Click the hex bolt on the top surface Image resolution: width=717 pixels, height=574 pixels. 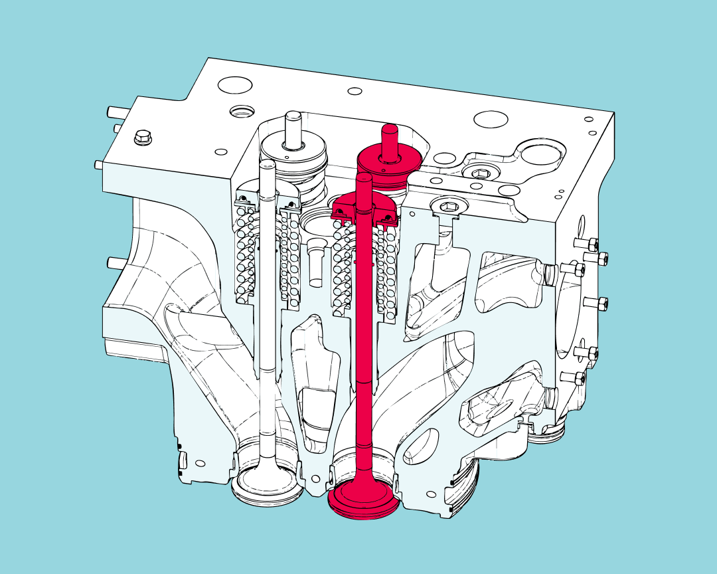pyautogui.click(x=141, y=138)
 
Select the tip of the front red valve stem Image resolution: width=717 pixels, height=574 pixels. pyautogui.click(x=364, y=179)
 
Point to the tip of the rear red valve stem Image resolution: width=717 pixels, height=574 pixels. pyautogui.click(x=389, y=129)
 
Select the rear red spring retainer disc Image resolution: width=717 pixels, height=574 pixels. pyautogui.click(x=389, y=159)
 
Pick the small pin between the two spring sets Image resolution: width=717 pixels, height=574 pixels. pyautogui.click(x=315, y=262)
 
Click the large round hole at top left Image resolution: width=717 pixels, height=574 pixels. pyautogui.click(x=235, y=85)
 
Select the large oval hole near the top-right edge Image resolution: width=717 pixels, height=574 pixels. pyautogui.click(x=490, y=120)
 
